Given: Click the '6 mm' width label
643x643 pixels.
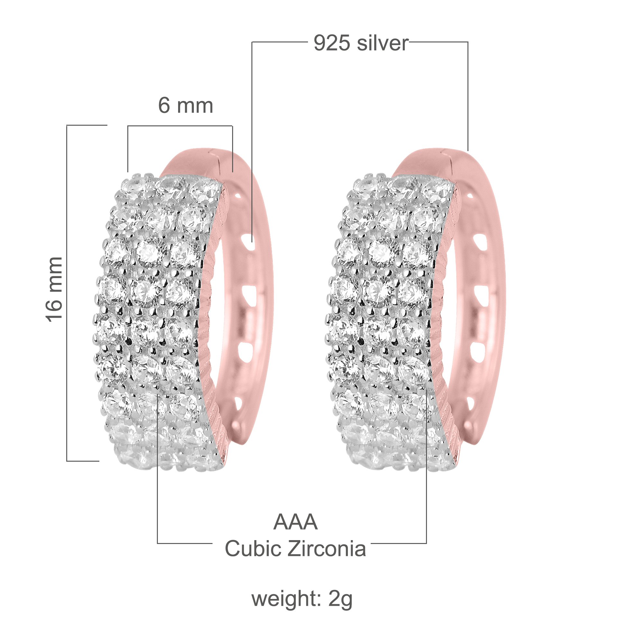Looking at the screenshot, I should coord(186,106).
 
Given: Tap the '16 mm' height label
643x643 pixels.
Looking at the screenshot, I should coord(54,290).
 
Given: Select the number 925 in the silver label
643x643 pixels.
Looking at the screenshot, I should coord(331,43).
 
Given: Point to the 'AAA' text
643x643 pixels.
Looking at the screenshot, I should coord(295,522).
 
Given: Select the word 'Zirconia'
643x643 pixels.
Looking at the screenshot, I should coord(327,548).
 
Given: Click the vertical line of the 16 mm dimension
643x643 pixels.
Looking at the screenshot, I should coord(67,293).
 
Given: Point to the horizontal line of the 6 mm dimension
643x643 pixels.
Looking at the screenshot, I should coord(180,126).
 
